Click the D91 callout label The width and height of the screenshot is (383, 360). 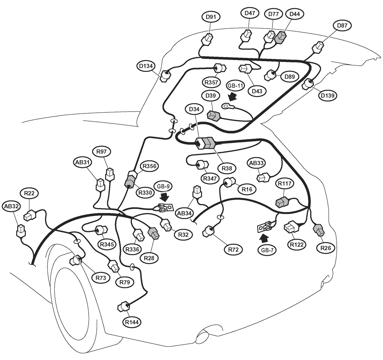211,17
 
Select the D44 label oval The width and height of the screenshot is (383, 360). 295,14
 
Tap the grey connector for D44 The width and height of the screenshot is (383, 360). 281,37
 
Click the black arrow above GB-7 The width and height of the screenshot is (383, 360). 264,237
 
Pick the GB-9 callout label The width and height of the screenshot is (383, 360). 164,186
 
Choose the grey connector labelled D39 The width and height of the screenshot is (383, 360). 214,116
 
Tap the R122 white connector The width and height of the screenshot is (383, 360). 292,227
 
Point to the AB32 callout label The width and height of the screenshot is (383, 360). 11,206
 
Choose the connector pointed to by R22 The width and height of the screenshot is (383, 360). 30,215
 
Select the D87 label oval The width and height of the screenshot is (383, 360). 342,25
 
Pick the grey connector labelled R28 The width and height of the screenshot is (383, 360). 154,233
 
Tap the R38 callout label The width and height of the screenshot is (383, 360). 227,168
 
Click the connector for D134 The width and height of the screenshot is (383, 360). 165,76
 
